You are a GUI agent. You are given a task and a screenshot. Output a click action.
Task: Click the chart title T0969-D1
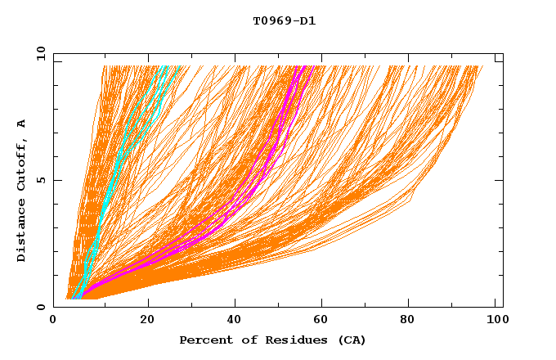tap(284, 21)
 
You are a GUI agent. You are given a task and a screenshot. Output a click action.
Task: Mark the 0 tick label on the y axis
tap(41, 307)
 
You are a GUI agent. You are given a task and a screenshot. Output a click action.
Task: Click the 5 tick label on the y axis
tap(41, 180)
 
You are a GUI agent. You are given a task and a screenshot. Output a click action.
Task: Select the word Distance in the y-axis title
tap(22, 232)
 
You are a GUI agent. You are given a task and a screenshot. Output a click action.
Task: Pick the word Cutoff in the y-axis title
tap(22, 164)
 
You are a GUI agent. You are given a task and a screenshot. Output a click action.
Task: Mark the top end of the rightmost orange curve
tap(482, 66)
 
